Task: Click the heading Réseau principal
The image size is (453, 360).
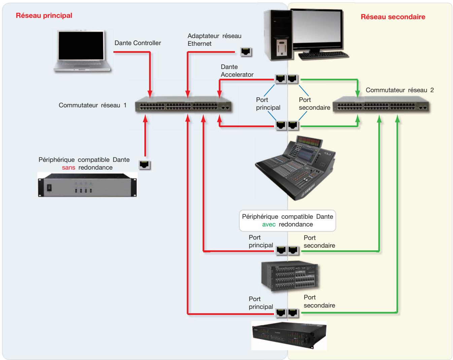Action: pyautogui.click(x=44, y=15)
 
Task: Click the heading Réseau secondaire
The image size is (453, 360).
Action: pyautogui.click(x=393, y=17)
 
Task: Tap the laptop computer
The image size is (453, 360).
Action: pyautogui.click(x=82, y=51)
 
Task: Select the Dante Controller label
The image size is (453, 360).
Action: pyautogui.click(x=138, y=43)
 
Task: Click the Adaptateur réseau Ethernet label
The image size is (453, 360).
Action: pyautogui.click(x=214, y=40)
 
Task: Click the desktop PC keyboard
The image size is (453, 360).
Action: pyautogui.click(x=323, y=55)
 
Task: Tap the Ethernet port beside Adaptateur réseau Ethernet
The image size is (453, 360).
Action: pyautogui.click(x=246, y=52)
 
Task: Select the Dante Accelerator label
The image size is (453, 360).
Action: pyautogui.click(x=237, y=71)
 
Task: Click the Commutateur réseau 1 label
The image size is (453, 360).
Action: pyautogui.click(x=93, y=105)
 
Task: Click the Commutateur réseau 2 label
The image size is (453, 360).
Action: pyautogui.click(x=399, y=90)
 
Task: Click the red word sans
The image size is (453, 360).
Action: pyautogui.click(x=68, y=168)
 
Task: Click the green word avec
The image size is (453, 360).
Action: pyautogui.click(x=269, y=224)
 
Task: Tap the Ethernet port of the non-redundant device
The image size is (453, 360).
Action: pyautogui.click(x=144, y=165)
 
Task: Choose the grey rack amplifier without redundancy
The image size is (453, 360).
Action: pyautogui.click(x=88, y=185)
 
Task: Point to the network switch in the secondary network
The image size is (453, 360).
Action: pyautogui.click(x=381, y=104)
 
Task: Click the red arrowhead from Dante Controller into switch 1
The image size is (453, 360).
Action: pyautogui.click(x=150, y=94)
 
